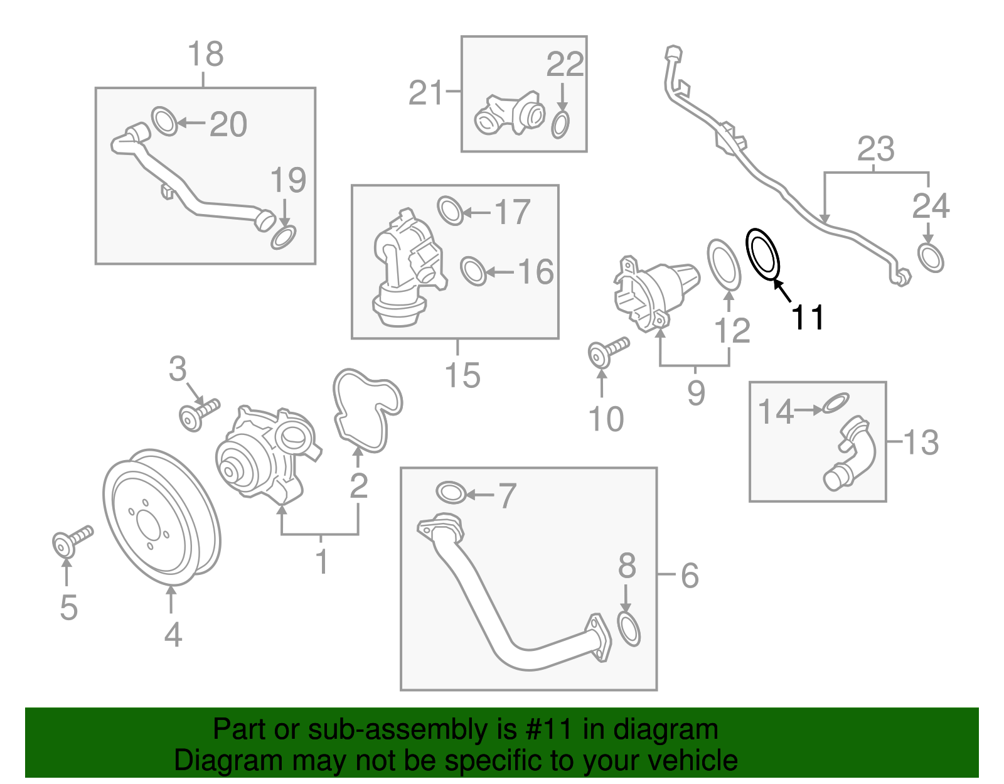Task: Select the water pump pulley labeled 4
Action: click(161, 517)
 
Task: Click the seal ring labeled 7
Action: click(451, 493)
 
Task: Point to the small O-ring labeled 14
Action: click(835, 404)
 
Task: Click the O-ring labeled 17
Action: click(450, 210)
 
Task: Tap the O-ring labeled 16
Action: click(473, 271)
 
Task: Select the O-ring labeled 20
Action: click(164, 121)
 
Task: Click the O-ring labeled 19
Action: click(284, 238)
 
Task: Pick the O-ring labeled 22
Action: click(560, 125)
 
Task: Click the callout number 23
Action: click(875, 149)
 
